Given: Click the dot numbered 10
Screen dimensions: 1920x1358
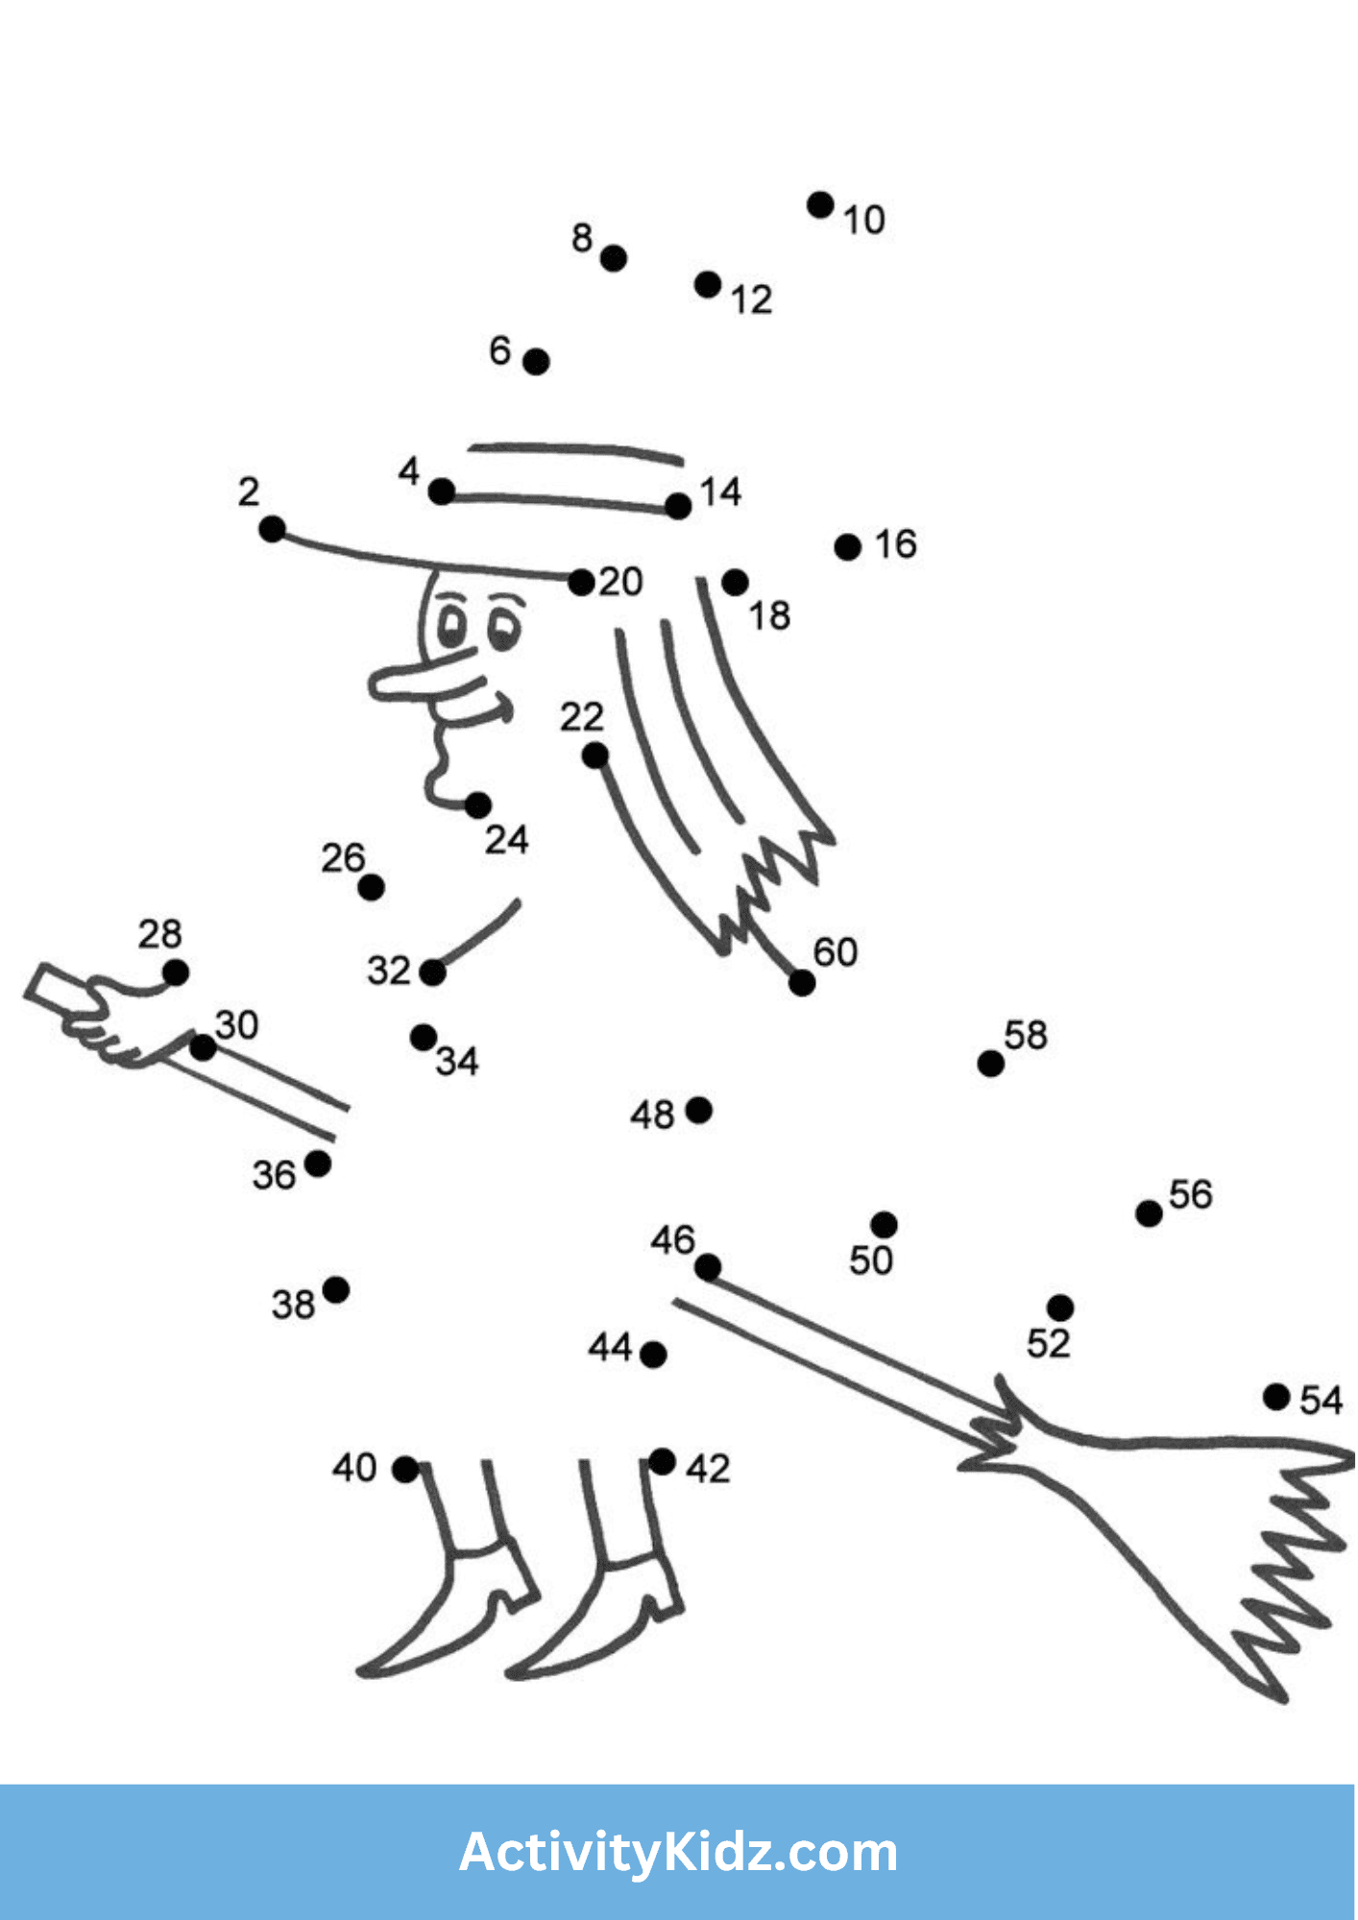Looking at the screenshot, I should pos(820,204).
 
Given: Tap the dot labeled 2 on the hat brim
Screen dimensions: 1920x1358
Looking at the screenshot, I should pos(273,529).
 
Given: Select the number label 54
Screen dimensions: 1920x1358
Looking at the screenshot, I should pos(1321,1401).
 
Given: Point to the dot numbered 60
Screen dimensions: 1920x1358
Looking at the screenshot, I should pos(802,983).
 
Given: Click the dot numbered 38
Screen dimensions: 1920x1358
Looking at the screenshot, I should pos(336,1290).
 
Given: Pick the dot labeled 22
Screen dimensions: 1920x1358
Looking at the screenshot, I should pos(595,756).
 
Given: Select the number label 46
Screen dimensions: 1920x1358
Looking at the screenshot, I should pos(671,1239).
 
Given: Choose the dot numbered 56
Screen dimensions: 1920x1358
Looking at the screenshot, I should pos(1149,1213).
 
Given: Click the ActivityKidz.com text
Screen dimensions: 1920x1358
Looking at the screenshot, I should pos(678,1853).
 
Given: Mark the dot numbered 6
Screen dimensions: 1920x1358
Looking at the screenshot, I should pos(537,362).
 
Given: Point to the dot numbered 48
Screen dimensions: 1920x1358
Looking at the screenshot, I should pos(699,1111).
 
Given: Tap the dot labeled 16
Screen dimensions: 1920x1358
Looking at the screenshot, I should pos(848,547).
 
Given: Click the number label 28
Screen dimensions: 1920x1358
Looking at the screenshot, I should pos(159,934).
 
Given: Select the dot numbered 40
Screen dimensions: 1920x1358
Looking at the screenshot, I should pos(405,1470).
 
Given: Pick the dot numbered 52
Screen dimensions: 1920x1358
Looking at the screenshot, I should pos(1060,1308).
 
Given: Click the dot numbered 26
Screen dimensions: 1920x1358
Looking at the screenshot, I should pos(372,887).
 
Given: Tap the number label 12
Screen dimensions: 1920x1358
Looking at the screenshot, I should pos(751,300).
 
